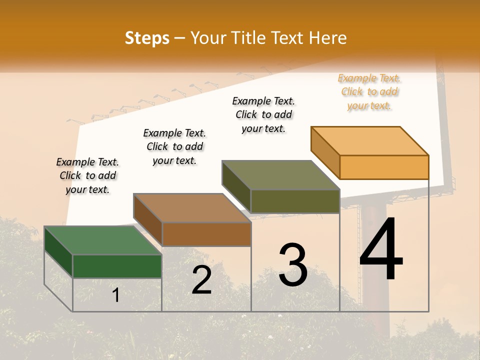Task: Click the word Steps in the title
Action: (x=147, y=38)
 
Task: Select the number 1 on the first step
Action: (x=115, y=295)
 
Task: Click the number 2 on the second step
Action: (x=201, y=280)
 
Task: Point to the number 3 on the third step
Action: (x=292, y=265)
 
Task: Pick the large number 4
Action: (x=381, y=250)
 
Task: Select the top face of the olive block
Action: (x=281, y=175)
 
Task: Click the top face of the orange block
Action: (x=370, y=141)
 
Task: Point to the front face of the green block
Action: (x=117, y=266)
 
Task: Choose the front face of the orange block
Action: (x=384, y=167)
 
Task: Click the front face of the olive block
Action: (x=295, y=201)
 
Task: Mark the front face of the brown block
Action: (x=206, y=234)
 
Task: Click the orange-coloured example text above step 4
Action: (x=369, y=92)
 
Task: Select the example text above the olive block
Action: (x=263, y=114)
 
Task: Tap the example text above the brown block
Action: (x=174, y=146)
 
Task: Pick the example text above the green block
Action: (x=87, y=175)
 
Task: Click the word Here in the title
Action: (x=328, y=38)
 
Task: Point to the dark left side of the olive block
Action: (x=236, y=186)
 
